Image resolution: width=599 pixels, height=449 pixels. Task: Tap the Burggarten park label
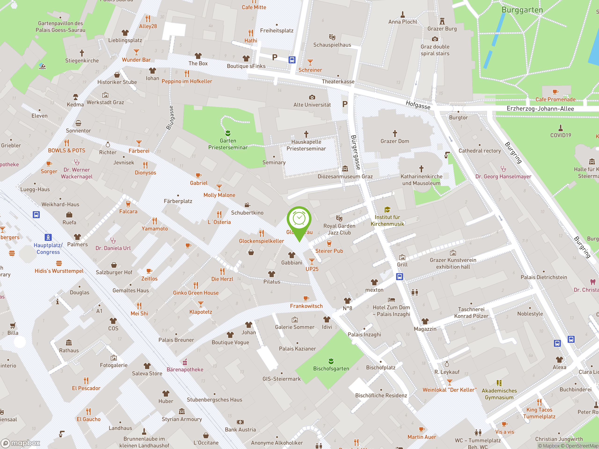522,10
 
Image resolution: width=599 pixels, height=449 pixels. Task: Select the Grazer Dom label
394,141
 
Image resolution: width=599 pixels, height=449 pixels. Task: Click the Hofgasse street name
418,105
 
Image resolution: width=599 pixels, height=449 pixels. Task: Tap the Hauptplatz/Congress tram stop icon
48,237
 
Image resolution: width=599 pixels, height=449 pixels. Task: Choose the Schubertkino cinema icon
247,205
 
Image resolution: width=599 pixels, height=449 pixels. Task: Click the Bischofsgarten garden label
331,368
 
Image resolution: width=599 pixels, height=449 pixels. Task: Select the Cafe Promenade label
555,99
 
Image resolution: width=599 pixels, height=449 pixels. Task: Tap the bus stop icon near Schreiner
292,60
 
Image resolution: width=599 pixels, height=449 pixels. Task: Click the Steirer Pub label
329,251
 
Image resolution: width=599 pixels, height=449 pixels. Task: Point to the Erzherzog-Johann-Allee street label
540,109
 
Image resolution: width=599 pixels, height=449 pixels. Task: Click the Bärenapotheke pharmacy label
185,369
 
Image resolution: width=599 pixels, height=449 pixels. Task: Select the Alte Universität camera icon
312,97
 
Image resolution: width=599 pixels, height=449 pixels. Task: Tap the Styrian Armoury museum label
182,419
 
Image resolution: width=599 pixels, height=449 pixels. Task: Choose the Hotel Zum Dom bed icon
391,300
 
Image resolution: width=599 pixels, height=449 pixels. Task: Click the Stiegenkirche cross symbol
82,53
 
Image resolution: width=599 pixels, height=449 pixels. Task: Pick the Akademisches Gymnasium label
499,394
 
